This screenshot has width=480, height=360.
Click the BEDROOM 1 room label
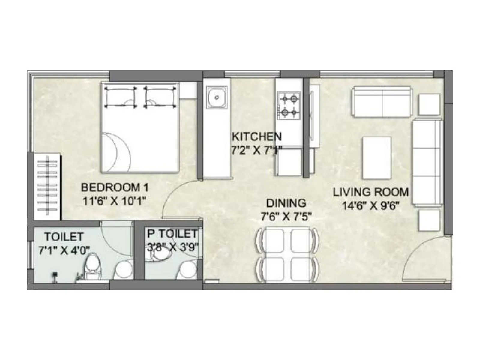point(115,188)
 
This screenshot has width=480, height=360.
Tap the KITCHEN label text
point(257,136)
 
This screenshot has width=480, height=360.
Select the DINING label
point(286,203)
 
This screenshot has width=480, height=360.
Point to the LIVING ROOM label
point(371,192)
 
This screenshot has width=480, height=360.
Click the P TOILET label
point(172,234)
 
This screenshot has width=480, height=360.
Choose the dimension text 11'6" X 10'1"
point(114,201)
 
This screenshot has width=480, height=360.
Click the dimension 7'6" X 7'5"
point(286,216)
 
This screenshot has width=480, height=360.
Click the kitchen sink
point(217,97)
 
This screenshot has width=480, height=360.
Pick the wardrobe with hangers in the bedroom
point(48,186)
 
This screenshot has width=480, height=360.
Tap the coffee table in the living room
point(377,158)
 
